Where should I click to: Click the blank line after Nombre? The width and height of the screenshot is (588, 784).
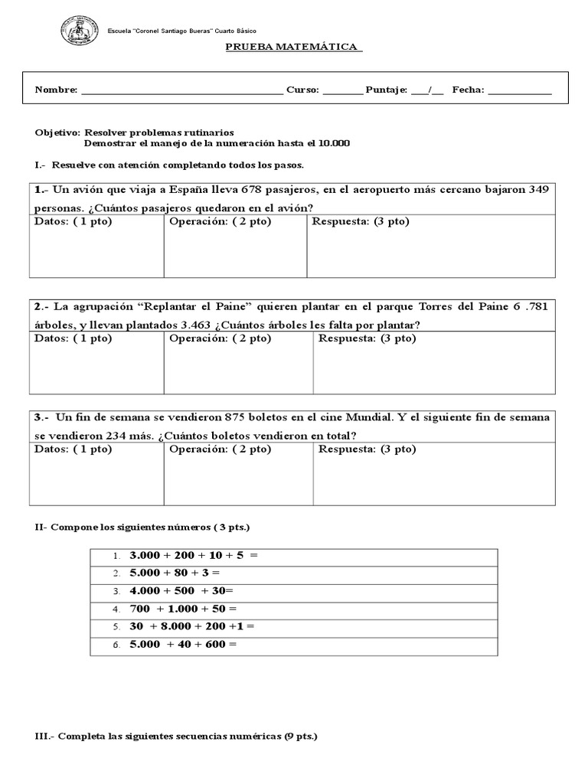tap(181, 90)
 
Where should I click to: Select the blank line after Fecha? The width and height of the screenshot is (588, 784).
tap(519, 90)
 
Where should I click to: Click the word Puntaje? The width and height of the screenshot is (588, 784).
tap(387, 90)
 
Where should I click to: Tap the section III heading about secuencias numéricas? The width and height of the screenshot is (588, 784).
tap(176, 736)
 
